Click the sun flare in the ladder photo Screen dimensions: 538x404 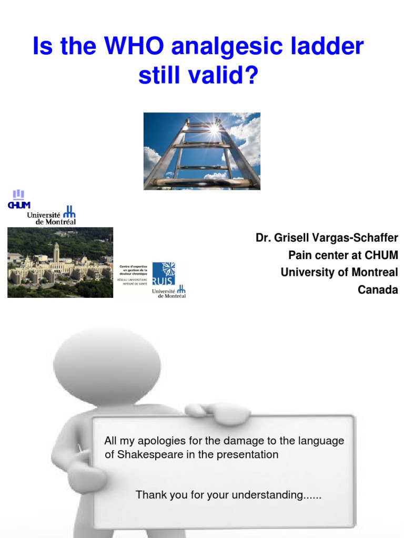tap(214, 128)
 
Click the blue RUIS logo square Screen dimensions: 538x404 tap(163, 274)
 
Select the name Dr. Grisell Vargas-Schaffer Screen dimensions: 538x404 tap(327, 238)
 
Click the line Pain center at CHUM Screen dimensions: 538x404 tap(343, 255)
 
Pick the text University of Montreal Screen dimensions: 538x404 tap(339, 272)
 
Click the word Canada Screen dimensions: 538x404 tap(378, 289)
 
